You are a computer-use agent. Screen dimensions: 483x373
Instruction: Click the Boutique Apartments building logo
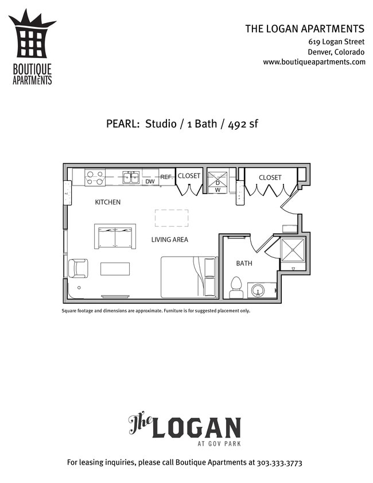32,40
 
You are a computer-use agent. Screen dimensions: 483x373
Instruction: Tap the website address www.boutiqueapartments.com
314,62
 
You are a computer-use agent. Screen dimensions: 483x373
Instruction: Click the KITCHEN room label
107,202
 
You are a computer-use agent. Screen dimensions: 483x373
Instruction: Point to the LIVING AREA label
169,239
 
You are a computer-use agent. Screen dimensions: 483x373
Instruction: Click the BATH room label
244,264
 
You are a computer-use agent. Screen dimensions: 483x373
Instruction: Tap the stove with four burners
95,177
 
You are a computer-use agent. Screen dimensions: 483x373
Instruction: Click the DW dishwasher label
150,181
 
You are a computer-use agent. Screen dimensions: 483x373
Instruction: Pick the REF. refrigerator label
166,177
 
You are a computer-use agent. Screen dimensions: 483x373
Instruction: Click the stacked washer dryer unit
217,182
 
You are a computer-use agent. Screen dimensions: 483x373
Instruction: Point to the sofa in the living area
115,236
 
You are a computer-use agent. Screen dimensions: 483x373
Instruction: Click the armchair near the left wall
77,268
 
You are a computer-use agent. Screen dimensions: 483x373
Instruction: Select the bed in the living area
188,277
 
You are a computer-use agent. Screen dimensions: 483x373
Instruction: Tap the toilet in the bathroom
236,287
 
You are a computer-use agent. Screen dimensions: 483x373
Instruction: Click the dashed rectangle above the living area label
172,218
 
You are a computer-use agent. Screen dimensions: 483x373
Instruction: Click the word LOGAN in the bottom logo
195,428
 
